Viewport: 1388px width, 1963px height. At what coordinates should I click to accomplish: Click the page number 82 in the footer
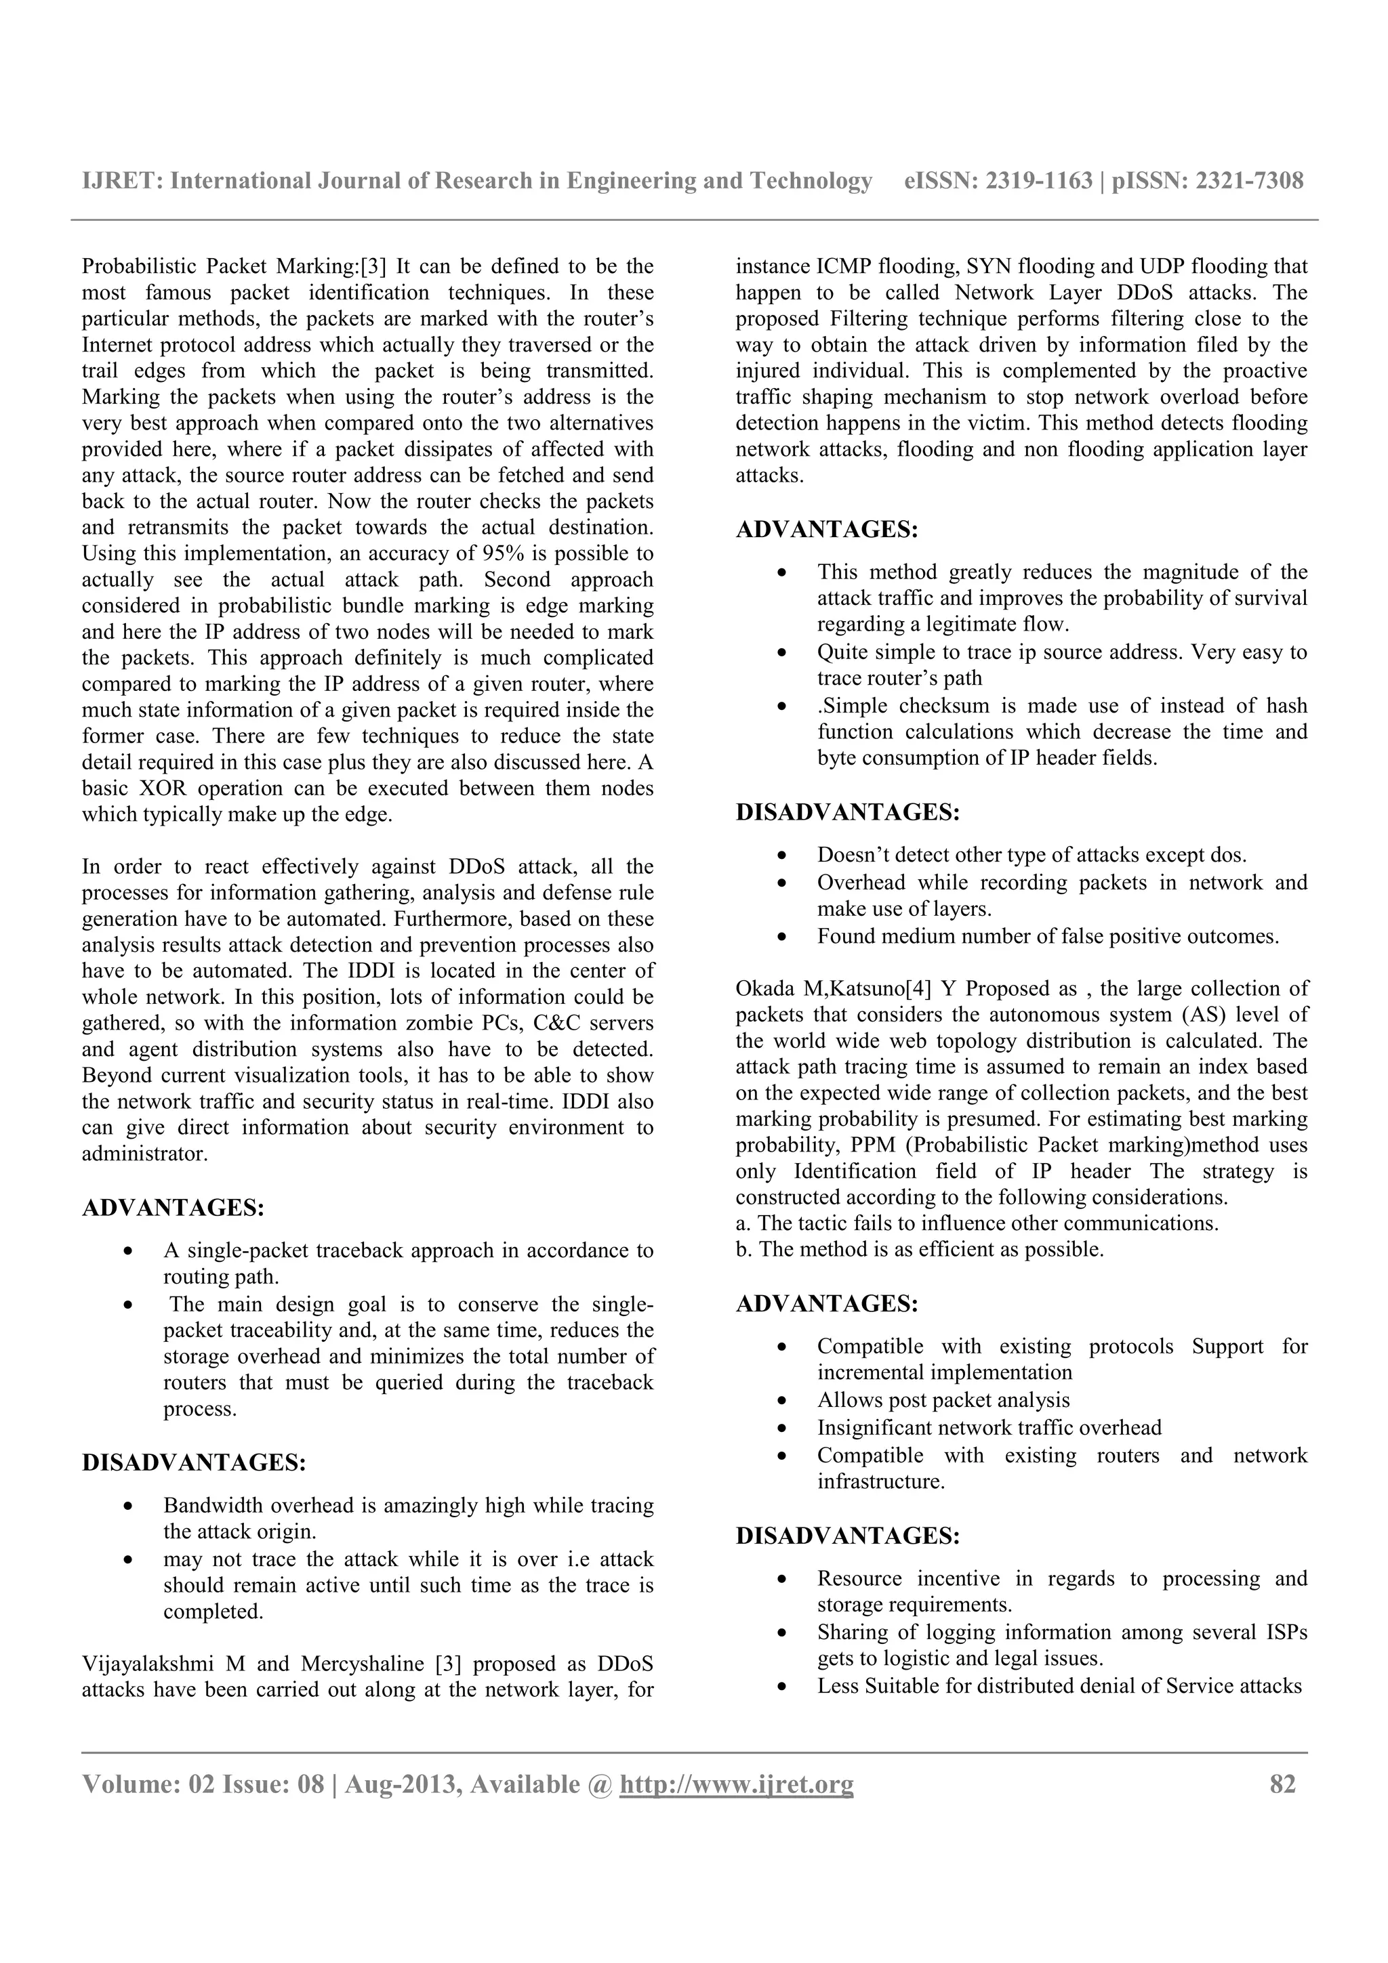[1283, 1784]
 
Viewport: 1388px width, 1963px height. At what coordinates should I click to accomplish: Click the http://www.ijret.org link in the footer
[736, 1784]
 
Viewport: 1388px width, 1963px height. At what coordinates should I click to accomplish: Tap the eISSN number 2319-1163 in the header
[1039, 180]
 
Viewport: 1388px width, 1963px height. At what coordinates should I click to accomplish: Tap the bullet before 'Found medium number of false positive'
[781, 937]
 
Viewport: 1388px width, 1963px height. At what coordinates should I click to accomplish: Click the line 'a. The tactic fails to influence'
[977, 1223]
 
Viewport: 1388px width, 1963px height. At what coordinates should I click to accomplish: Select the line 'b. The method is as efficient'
[920, 1250]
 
